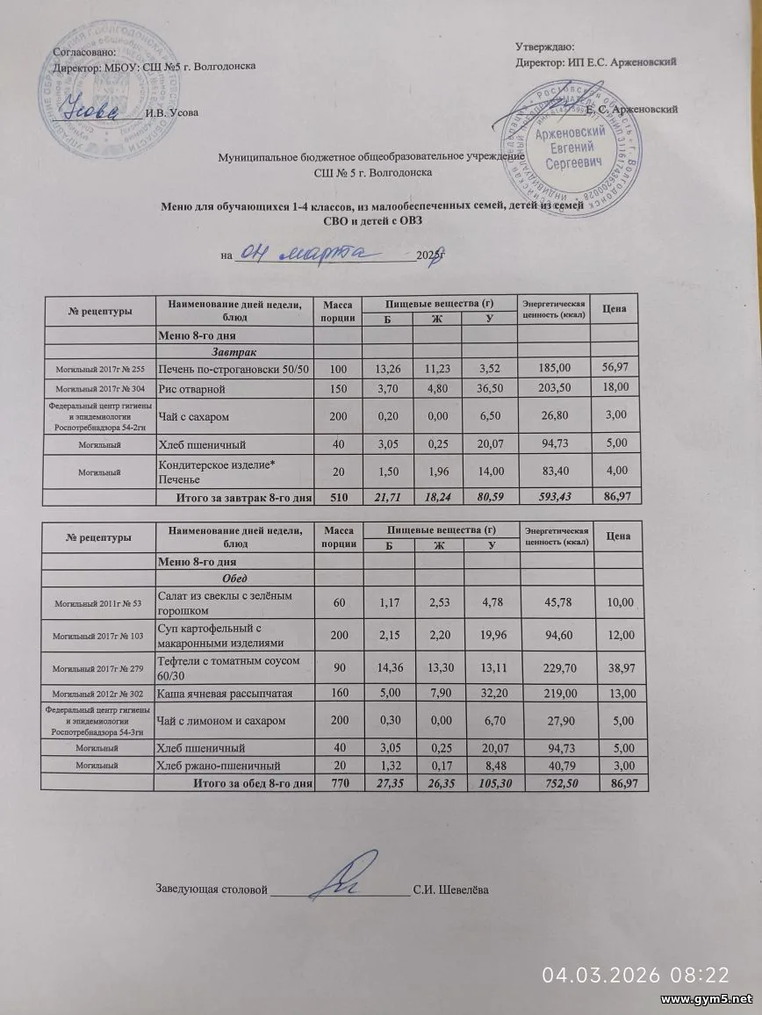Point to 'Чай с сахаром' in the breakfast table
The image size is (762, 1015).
tap(194, 416)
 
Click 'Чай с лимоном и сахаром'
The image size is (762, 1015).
tap(223, 721)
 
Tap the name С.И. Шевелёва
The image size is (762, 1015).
tap(451, 889)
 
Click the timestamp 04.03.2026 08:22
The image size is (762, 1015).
tap(635, 974)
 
